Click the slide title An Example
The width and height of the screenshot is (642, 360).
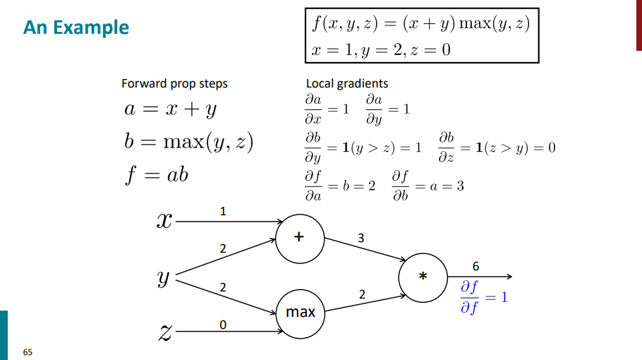(76, 28)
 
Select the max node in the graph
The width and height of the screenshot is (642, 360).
(300, 311)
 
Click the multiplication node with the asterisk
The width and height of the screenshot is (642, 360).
(423, 277)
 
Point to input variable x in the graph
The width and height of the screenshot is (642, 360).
(164, 221)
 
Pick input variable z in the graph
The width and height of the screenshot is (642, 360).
(164, 330)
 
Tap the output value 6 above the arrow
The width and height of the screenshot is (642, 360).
(476, 265)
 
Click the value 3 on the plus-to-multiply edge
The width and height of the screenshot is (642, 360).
(361, 239)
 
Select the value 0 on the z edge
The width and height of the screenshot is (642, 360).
(223, 325)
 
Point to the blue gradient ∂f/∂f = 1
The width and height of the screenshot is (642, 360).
(483, 297)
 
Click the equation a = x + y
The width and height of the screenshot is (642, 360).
(171, 111)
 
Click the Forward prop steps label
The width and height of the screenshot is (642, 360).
(174, 83)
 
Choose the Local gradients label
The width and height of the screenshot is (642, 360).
(346, 83)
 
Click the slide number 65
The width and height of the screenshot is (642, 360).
(28, 351)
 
